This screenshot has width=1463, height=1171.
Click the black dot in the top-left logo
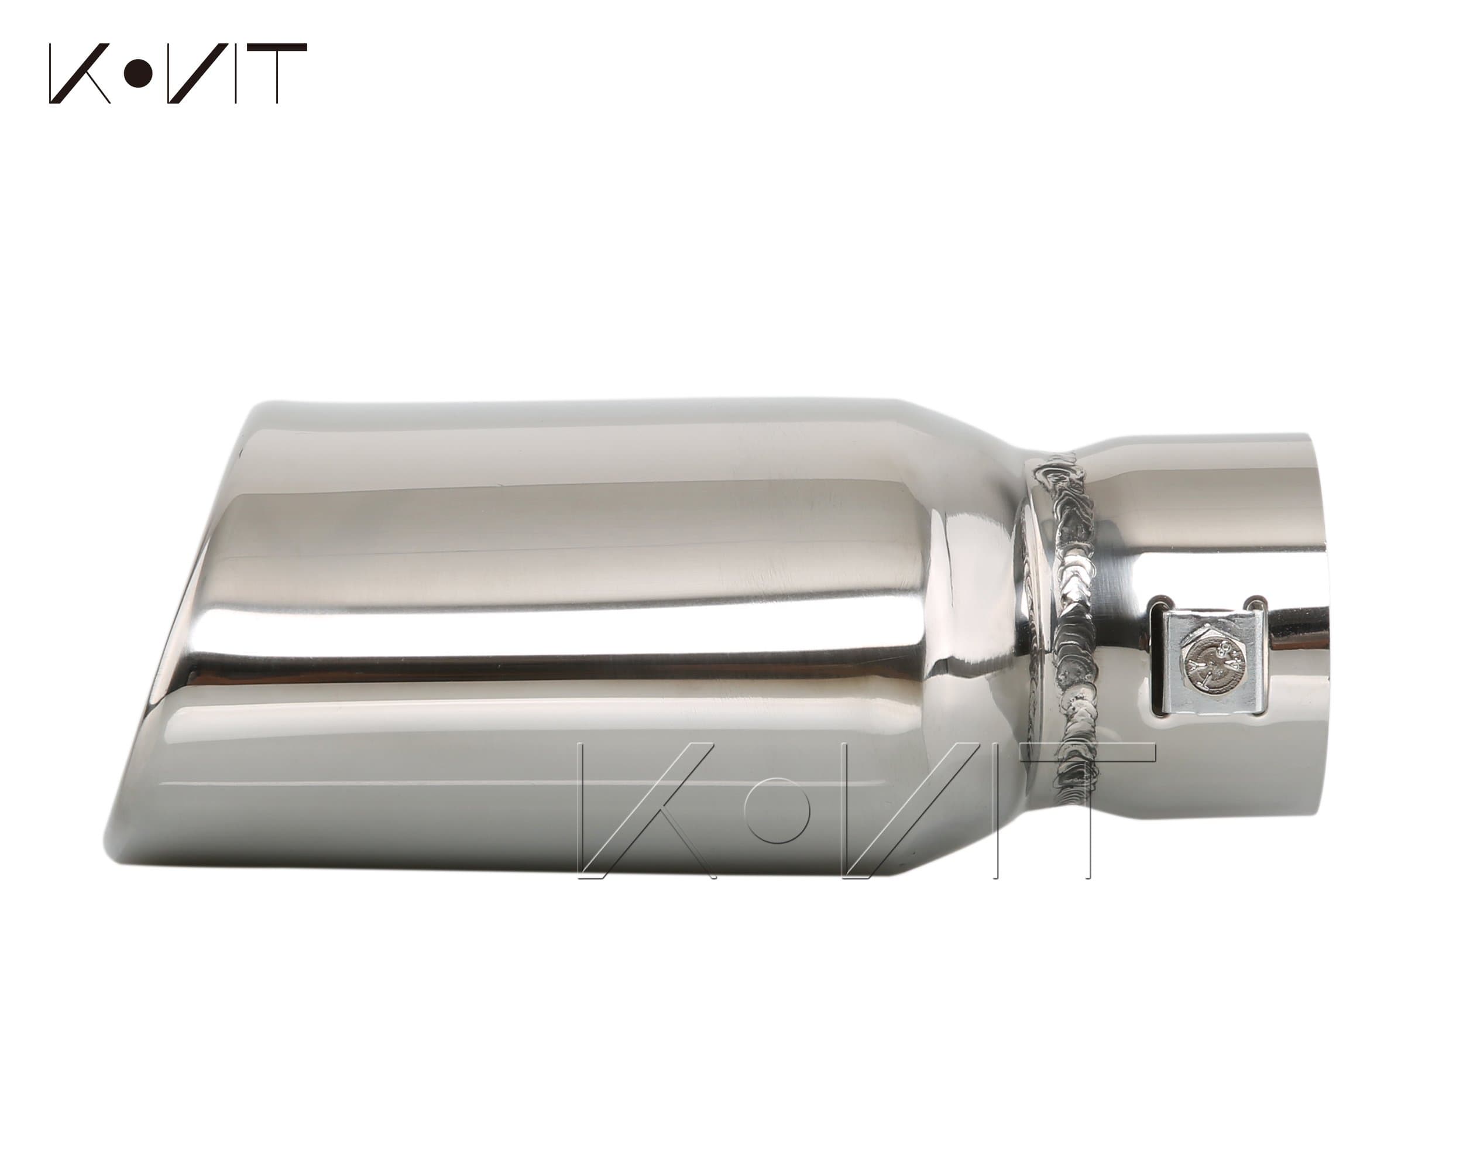(140, 73)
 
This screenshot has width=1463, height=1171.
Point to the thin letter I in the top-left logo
(235, 73)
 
